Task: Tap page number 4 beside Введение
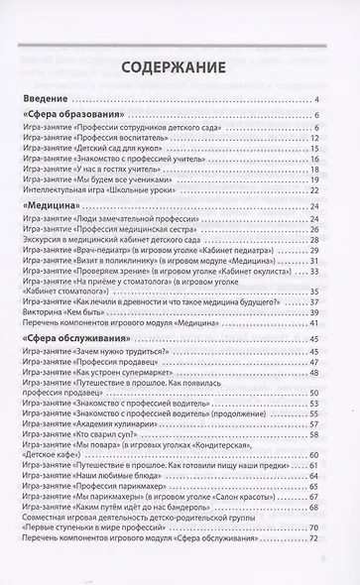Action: coord(312,101)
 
